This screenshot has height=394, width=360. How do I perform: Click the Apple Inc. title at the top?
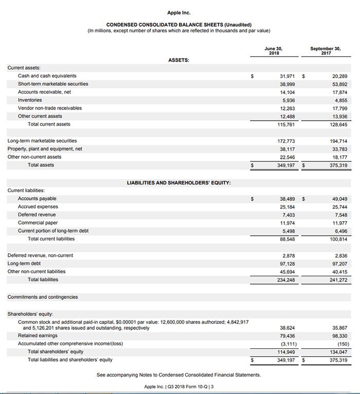[x=178, y=12]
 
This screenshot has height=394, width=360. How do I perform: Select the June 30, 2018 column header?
[x=274, y=51]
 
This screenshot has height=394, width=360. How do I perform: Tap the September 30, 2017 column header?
[x=325, y=51]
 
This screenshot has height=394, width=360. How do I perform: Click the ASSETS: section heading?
[x=178, y=60]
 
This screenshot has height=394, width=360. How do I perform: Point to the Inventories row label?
[x=30, y=100]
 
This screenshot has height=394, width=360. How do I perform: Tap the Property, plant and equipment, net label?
[x=45, y=149]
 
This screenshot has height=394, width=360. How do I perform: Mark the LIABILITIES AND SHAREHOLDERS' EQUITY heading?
[x=178, y=182]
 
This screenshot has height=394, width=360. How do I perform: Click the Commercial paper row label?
[x=38, y=223]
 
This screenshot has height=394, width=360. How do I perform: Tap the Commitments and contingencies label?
[x=42, y=297]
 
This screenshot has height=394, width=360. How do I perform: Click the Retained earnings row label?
[x=38, y=335]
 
